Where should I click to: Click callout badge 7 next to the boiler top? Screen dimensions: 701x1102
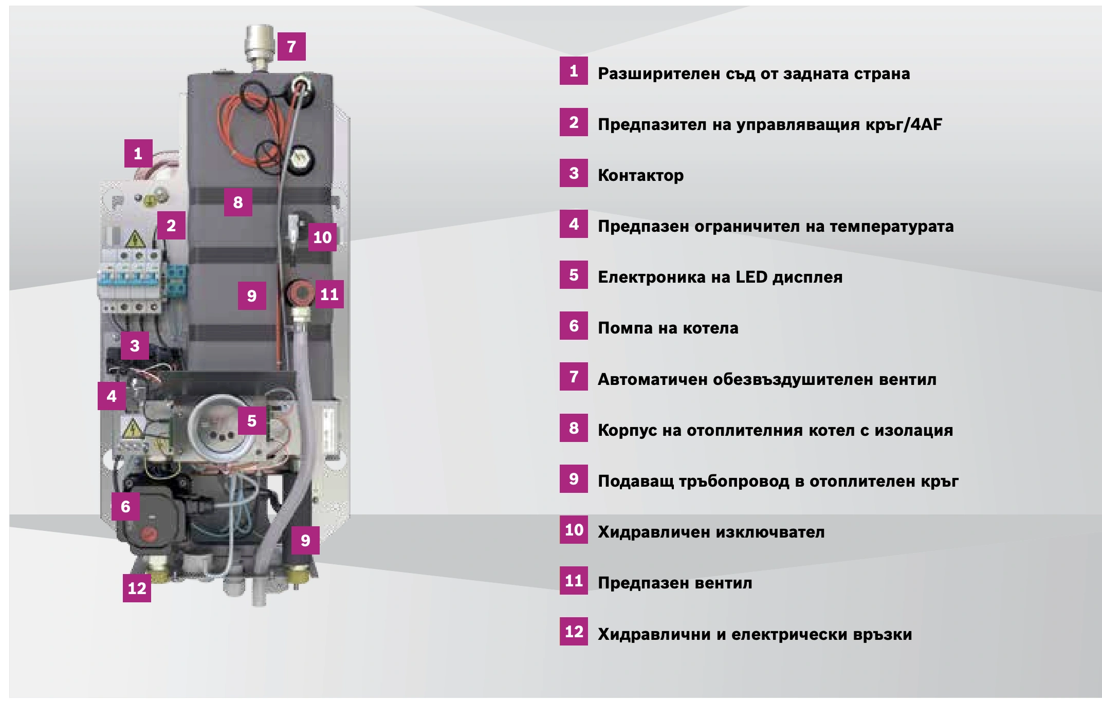pos(291,46)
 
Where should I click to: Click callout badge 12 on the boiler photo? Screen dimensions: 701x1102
pos(137,588)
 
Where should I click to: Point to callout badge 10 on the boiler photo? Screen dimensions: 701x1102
pos(322,237)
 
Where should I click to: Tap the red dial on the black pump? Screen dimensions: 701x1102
pos(149,533)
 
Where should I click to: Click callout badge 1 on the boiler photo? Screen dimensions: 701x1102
pos(138,153)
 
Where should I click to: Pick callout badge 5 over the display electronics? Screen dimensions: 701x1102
pos(252,420)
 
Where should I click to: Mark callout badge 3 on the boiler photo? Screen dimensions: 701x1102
pos(135,345)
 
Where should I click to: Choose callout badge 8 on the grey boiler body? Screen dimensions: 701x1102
pos(237,202)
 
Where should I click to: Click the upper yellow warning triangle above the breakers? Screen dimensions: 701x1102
pos(135,239)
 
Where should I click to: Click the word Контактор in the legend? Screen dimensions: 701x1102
pos(640,175)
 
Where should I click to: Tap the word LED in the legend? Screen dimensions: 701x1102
pos(751,277)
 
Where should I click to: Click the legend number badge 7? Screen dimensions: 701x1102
pos(574,377)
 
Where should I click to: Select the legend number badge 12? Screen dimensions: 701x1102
pos(574,632)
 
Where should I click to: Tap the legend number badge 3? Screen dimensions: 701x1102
pos(574,173)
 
